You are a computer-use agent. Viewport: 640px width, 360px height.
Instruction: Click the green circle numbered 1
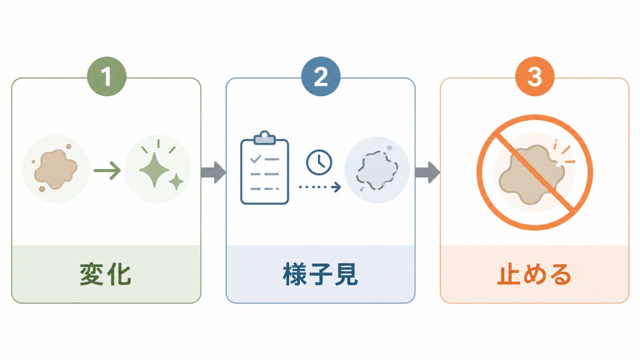pos(107,76)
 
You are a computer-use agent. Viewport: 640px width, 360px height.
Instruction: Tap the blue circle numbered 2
pos(321,76)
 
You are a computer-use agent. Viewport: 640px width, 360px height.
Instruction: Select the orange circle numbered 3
pos(535,76)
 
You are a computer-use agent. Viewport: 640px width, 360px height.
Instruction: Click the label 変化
pos(106,275)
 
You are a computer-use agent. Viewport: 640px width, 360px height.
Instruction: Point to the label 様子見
pos(321,275)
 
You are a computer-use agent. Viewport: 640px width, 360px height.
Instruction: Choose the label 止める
pos(534,275)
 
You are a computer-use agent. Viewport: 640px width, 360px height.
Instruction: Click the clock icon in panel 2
pos(319,162)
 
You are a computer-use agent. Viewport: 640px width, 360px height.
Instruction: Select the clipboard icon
pos(265,167)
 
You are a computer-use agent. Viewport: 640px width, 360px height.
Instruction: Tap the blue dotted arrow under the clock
pos(320,187)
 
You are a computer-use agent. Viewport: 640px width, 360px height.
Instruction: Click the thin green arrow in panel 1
pos(107,171)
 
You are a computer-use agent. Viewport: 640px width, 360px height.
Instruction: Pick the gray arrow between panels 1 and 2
pos(213,172)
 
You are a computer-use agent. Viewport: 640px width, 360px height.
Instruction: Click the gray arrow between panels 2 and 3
pos(428,172)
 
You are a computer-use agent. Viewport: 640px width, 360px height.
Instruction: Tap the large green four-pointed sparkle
pos(154,170)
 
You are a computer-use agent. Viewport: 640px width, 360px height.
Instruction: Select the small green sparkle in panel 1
pos(177,181)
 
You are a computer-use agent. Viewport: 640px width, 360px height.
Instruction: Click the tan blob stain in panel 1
pos(55,169)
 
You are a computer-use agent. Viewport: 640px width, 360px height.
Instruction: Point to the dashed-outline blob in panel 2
pos(377,171)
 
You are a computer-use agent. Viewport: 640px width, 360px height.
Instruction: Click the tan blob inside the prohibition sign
pos(531,175)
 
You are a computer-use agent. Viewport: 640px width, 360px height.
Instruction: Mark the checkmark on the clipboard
pos(255,158)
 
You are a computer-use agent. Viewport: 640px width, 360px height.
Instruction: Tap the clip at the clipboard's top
pos(265,138)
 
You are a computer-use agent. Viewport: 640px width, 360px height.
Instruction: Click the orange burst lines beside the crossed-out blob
pos(564,154)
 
